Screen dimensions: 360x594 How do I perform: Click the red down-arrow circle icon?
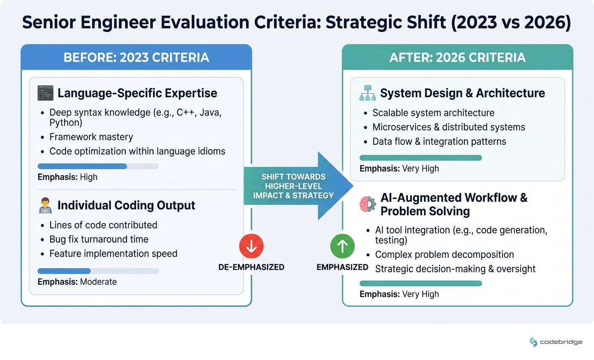tap(251, 246)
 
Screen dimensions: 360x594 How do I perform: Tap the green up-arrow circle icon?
tap(342, 246)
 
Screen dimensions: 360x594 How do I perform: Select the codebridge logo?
tap(556, 342)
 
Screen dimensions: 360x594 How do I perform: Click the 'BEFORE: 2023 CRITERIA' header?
tap(136, 57)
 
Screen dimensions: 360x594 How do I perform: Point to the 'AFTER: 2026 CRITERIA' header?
tap(457, 57)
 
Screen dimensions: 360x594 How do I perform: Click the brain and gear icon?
tap(367, 204)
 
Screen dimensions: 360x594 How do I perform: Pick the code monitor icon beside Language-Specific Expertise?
tap(46, 93)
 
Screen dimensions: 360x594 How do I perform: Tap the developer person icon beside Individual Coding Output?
tap(45, 206)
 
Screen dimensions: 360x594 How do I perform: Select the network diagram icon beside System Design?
tap(367, 93)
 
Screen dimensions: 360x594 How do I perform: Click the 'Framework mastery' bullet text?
tap(91, 137)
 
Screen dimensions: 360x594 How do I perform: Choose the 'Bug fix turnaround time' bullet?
tap(99, 239)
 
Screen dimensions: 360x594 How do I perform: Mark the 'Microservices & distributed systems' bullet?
tap(448, 127)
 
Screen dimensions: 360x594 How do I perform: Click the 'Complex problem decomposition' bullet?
tap(444, 254)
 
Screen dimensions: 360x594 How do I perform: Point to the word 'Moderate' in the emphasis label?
tap(98, 282)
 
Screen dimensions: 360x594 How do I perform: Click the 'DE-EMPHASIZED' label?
tap(251, 267)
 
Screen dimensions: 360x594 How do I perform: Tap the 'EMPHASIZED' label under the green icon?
tap(342, 267)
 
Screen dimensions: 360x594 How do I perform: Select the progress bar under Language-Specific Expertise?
tap(98, 166)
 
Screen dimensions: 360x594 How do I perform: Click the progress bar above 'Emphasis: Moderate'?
tap(98, 271)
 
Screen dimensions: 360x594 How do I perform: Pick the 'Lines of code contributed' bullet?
tap(103, 225)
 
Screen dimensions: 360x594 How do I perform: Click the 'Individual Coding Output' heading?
tap(126, 206)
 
